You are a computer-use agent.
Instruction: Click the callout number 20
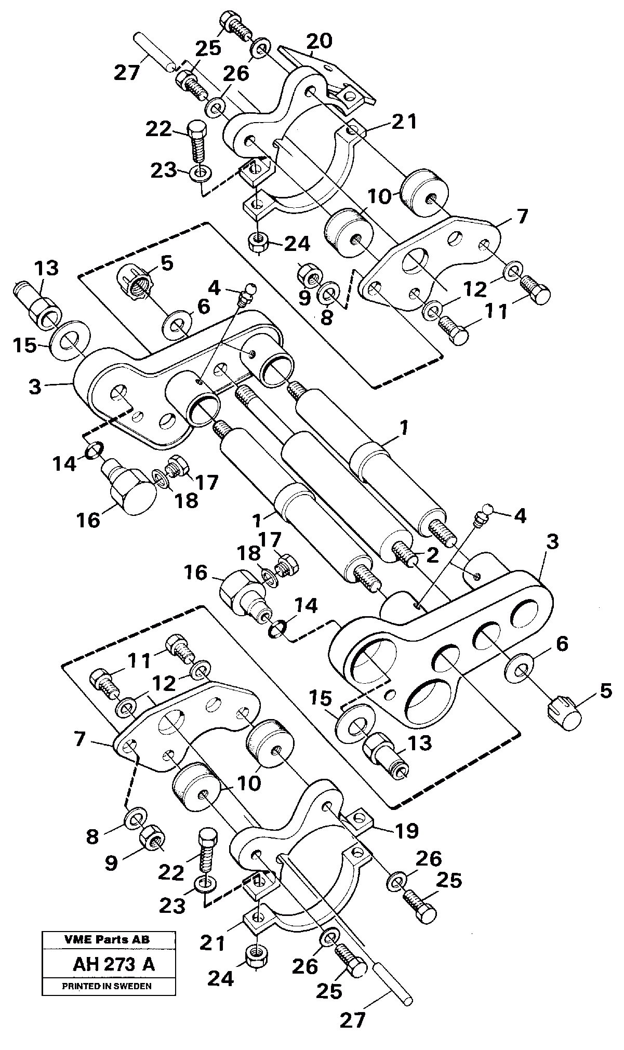(319, 41)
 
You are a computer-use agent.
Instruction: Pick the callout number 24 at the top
(297, 244)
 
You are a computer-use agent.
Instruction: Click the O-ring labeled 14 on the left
(92, 450)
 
